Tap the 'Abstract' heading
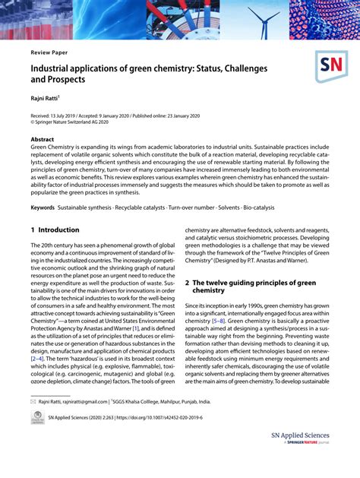(x=43, y=141)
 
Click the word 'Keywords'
(x=43, y=207)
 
